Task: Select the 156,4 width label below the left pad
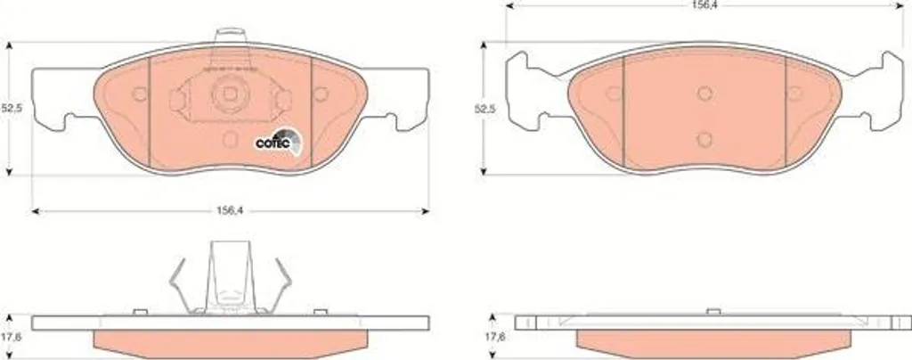(230, 211)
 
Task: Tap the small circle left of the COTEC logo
(231, 139)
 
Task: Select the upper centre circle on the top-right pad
(704, 94)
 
